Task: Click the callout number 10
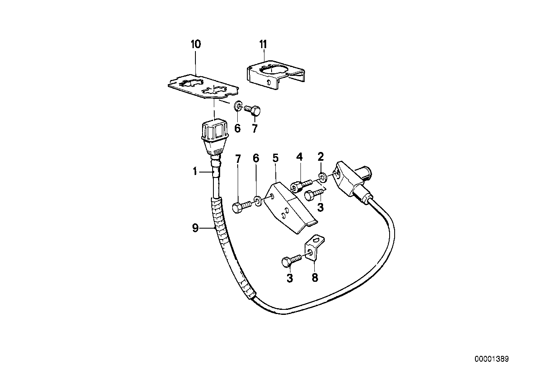196,44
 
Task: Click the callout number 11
263,44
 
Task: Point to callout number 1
195,171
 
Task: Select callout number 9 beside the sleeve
195,228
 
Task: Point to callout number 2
321,157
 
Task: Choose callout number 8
315,278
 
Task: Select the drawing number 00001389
491,359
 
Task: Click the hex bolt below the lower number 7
242,206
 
